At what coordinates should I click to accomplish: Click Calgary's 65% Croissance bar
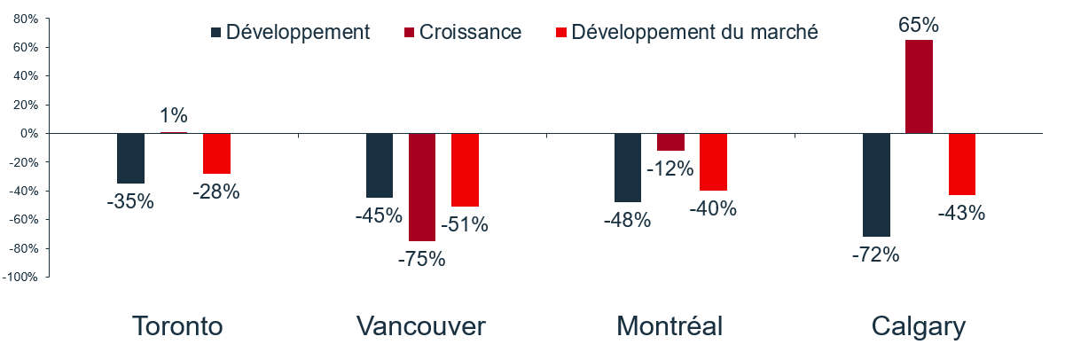click(x=919, y=86)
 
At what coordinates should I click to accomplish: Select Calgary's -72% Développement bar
click(x=876, y=184)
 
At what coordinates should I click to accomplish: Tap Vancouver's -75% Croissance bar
click(x=422, y=187)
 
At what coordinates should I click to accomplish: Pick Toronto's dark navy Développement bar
click(x=130, y=158)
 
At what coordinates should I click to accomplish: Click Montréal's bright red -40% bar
click(x=713, y=162)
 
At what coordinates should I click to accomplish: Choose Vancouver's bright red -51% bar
click(x=465, y=169)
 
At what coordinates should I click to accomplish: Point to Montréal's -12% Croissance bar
click(x=670, y=142)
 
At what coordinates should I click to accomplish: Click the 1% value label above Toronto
click(x=174, y=115)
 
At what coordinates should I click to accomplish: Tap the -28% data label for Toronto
click(x=217, y=191)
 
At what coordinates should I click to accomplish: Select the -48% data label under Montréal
click(x=628, y=220)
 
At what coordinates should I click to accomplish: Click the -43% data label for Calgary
click(x=961, y=213)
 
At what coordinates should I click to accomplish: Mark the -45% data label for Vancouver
click(x=380, y=215)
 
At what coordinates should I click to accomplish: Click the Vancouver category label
click(x=421, y=326)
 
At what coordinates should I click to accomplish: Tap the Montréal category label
click(x=670, y=326)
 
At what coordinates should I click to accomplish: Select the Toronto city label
click(x=177, y=326)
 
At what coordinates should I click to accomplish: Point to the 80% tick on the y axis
click(x=25, y=19)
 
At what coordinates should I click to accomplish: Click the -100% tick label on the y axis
click(x=20, y=278)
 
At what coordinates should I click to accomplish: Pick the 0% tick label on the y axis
click(x=28, y=133)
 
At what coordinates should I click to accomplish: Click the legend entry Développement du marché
click(x=693, y=33)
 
